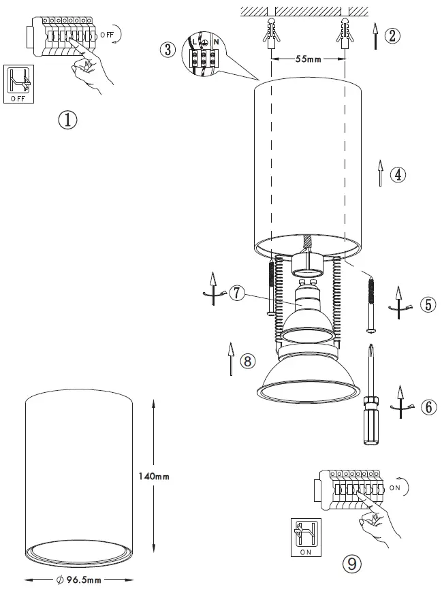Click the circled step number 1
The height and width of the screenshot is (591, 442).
point(68,121)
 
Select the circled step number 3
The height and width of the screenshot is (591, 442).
point(167,50)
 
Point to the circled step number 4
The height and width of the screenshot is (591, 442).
point(398,174)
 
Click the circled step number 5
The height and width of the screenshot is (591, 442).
point(427,304)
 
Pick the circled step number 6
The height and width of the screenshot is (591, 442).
point(427,406)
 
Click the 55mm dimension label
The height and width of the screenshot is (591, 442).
point(309,60)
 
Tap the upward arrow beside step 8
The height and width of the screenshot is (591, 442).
point(232,357)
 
